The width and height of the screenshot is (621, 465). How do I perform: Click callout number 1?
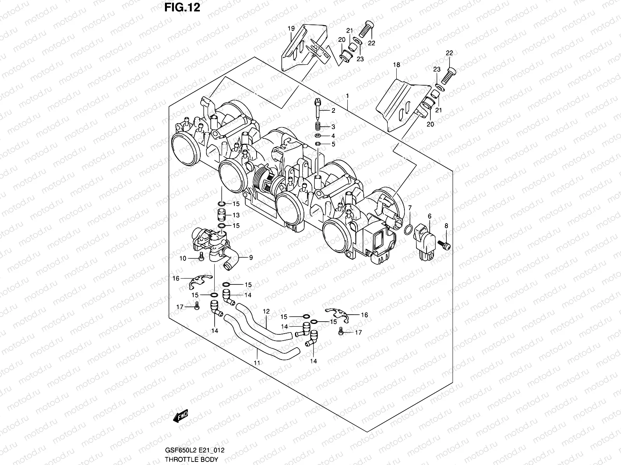(x=347, y=96)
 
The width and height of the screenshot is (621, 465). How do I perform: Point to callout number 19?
(x=291, y=29)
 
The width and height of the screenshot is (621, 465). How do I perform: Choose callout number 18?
(x=396, y=65)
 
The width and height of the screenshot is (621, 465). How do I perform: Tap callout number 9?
(x=251, y=257)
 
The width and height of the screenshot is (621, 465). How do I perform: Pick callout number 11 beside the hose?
(x=256, y=363)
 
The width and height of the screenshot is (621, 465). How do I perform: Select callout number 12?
(x=266, y=311)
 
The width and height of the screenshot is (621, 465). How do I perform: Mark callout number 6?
(x=430, y=216)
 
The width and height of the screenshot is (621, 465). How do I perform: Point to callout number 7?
(x=410, y=208)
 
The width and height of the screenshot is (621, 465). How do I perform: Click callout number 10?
(x=183, y=258)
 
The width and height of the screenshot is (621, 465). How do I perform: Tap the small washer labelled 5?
(x=318, y=144)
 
